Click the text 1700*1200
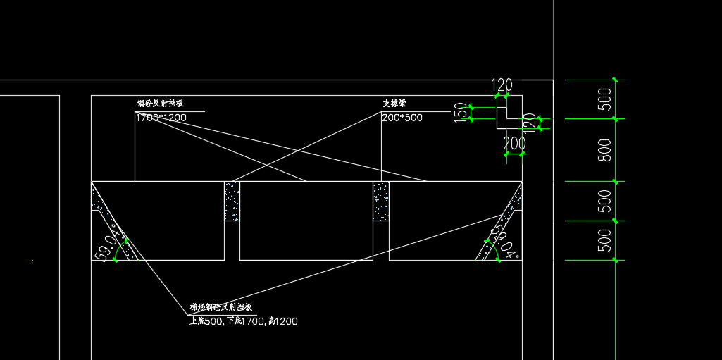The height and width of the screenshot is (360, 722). [161, 118]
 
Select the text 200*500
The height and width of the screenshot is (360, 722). [402, 118]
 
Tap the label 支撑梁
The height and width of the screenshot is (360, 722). [395, 103]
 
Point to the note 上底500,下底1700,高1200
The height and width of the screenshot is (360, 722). [244, 321]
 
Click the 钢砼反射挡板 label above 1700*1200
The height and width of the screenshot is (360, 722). [160, 104]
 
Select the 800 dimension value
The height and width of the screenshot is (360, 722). [604, 150]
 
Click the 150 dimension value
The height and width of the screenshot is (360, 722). [461, 113]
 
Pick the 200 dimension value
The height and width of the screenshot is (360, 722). [514, 144]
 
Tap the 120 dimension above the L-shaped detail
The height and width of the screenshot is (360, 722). [502, 86]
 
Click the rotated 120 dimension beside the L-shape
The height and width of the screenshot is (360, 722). [530, 124]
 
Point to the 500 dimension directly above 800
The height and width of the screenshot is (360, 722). [604, 99]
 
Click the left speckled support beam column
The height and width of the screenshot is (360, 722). [232, 201]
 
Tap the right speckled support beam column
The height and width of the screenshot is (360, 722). [381, 201]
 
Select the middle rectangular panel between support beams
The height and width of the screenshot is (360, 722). [306, 221]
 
